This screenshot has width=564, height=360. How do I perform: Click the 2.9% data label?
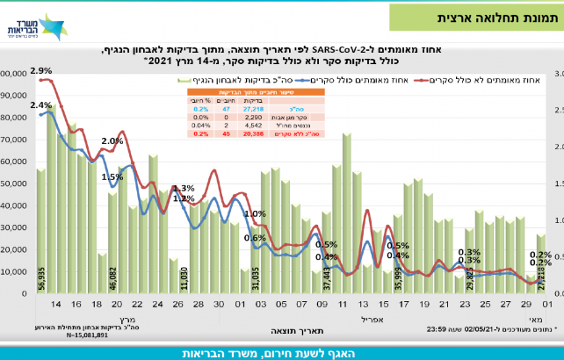(x=40, y=70)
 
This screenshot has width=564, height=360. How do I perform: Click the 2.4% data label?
(x=40, y=105)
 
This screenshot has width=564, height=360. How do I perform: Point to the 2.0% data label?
(x=112, y=141)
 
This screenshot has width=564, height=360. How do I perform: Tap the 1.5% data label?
(x=112, y=176)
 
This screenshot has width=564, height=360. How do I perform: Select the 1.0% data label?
(x=255, y=213)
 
